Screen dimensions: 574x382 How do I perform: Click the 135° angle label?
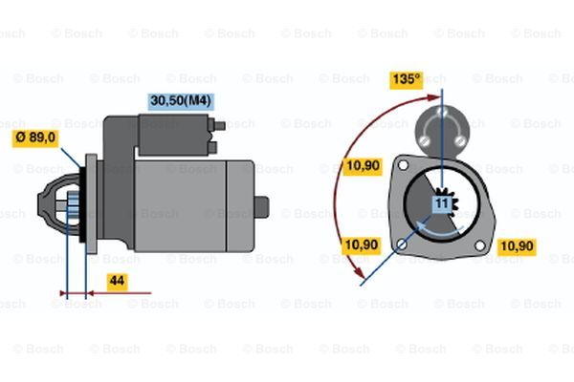tap(406, 79)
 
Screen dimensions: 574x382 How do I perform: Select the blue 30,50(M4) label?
tap(181, 101)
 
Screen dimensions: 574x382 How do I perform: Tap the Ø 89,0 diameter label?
tap(35, 138)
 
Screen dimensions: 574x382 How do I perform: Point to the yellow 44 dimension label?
tap(118, 282)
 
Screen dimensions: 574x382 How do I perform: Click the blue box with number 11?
tap(443, 204)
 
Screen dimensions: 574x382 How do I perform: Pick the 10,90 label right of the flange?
tap(517, 246)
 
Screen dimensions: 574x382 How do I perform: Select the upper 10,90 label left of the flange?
tap(363, 166)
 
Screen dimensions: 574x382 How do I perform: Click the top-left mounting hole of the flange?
tap(403, 165)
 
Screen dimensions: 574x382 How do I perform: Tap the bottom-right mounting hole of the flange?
tap(480, 246)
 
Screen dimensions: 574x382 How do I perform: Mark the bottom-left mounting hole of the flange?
tap(402, 244)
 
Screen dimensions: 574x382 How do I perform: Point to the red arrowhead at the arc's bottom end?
tap(359, 271)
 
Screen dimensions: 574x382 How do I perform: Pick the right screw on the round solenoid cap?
tap(460, 140)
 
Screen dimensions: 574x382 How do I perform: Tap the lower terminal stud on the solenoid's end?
tap(212, 148)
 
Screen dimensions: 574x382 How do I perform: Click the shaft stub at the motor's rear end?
tap(261, 207)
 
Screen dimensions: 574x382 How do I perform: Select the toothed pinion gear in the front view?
tap(447, 204)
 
